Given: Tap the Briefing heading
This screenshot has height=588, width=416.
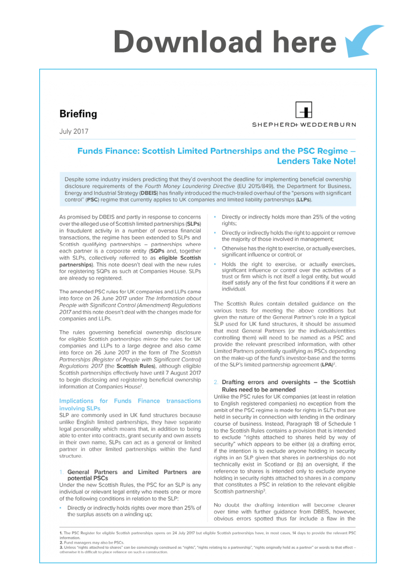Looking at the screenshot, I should [x=78, y=114].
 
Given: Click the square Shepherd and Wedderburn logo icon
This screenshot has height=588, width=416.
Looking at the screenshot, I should [x=304, y=110].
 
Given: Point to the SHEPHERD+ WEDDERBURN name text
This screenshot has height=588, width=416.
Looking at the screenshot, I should [x=304, y=124].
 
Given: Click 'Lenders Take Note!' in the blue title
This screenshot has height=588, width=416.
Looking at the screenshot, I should [x=316, y=161].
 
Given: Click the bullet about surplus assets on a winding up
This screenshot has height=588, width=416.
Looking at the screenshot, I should [x=133, y=511].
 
